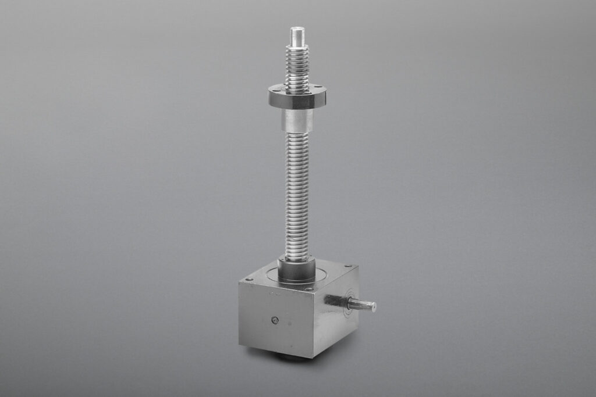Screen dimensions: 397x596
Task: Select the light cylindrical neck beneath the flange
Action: (297, 120)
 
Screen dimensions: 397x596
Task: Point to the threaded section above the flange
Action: (297, 67)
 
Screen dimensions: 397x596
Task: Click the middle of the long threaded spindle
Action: (297, 195)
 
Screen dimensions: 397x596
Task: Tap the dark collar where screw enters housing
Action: (296, 269)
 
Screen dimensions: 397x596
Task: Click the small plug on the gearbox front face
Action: (275, 320)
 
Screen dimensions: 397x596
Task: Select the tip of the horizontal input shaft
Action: (372, 306)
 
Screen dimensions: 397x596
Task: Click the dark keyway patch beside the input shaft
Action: (334, 300)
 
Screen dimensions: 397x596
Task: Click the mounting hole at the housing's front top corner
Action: (310, 288)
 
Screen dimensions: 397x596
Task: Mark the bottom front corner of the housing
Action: (313, 357)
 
